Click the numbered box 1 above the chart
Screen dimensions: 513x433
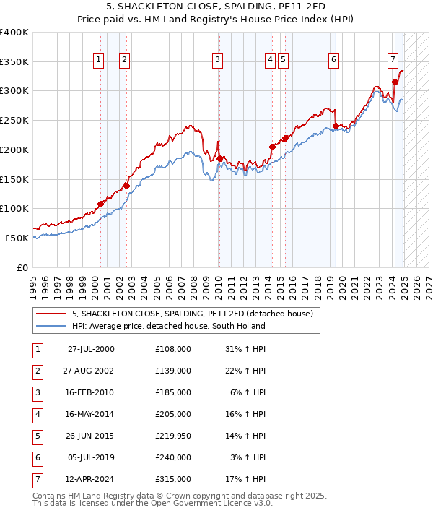click(97, 60)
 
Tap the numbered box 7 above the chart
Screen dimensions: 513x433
click(392, 60)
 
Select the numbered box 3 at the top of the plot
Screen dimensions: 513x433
click(217, 60)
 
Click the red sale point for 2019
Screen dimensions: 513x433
click(336, 126)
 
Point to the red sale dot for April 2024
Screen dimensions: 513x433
click(395, 82)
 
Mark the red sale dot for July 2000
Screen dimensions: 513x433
click(101, 204)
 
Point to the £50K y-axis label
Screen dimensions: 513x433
click(17, 238)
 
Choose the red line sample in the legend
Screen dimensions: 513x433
click(51, 314)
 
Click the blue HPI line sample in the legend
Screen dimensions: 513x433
click(51, 326)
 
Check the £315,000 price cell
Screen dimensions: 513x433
click(172, 479)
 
